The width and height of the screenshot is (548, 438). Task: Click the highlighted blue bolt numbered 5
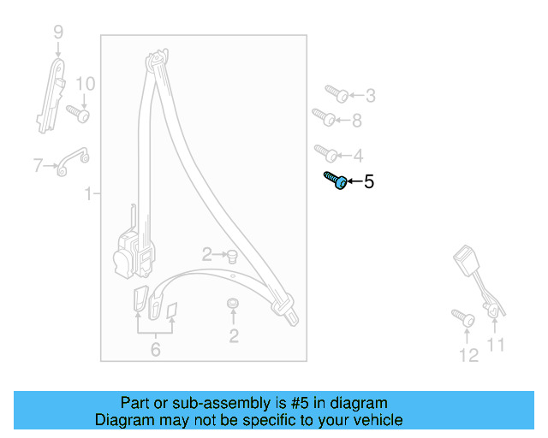pos(336,181)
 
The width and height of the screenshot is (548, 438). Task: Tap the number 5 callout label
pos(369,181)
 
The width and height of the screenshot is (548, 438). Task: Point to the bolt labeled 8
pos(323,115)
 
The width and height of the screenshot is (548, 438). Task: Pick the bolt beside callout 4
pos(326,153)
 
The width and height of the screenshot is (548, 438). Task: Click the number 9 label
pos(58,33)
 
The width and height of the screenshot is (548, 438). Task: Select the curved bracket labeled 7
pos(73,161)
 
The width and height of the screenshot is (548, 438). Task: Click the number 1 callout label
pos(88,196)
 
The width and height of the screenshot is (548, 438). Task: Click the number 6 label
pos(155,349)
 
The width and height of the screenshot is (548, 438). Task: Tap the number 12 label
pos(468,355)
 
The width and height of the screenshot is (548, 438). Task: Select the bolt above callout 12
pos(463,317)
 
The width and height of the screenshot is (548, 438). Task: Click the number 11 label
pos(496,345)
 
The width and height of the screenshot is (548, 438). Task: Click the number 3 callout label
pos(370,96)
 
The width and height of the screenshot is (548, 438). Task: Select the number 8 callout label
pos(357,121)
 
